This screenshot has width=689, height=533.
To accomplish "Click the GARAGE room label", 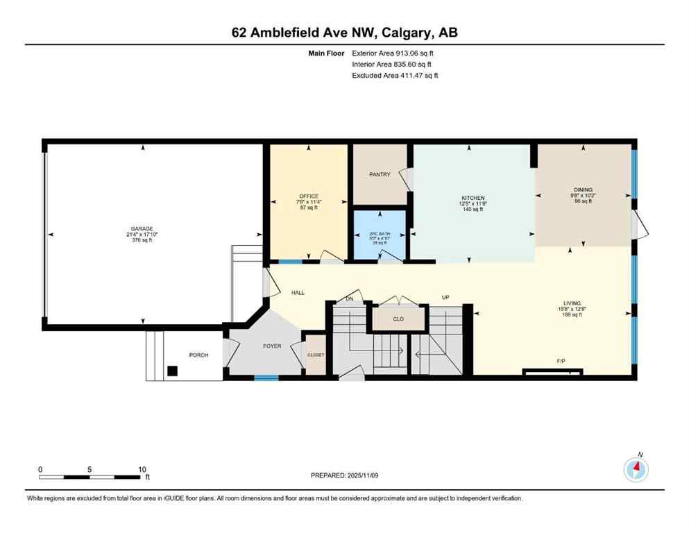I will [x=143, y=228].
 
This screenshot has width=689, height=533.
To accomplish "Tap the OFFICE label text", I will [x=309, y=196].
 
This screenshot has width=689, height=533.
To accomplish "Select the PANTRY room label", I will [x=380, y=175].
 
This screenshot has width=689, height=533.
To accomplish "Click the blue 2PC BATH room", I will [x=378, y=238].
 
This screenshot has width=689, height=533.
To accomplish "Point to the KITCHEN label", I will [x=472, y=198].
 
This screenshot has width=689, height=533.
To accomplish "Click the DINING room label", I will [x=583, y=189].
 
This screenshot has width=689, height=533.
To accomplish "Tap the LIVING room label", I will [x=572, y=303].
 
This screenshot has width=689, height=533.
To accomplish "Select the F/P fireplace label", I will [x=561, y=362].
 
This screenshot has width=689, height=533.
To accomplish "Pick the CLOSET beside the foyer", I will [x=315, y=355].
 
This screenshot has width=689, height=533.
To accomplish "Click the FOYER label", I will [x=272, y=346].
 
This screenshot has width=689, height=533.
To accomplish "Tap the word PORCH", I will [x=198, y=355].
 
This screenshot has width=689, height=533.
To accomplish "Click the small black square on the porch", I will [x=173, y=371].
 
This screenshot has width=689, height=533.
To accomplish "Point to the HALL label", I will [x=298, y=293].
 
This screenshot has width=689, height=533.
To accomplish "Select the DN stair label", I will [x=350, y=298].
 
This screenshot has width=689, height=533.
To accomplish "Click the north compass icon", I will [x=636, y=470].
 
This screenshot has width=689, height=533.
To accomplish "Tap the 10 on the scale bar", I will [x=142, y=469].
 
